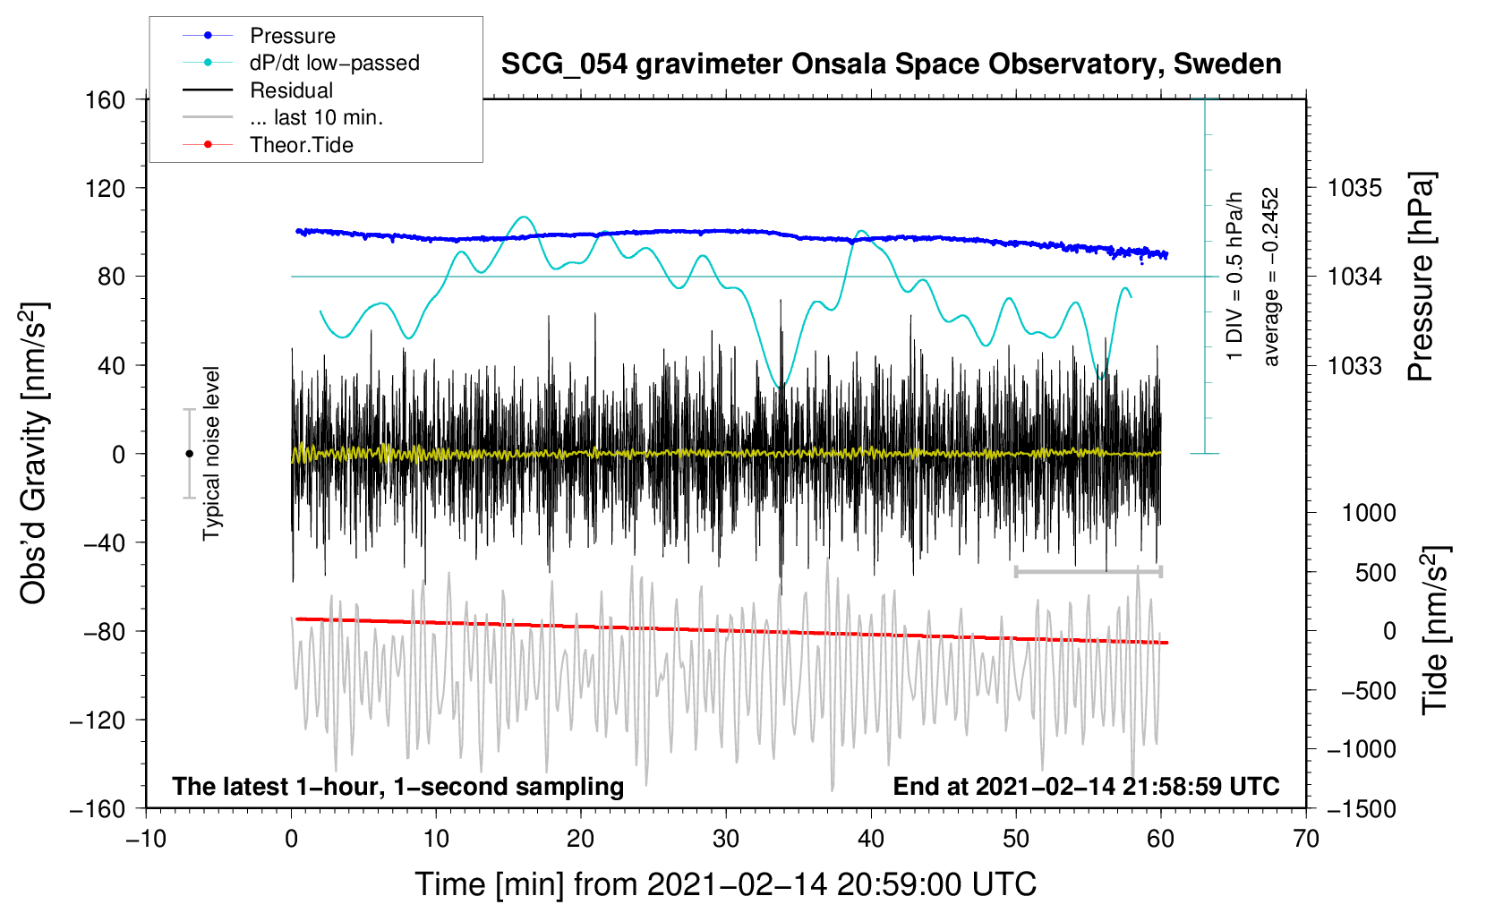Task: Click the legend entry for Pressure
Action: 259,35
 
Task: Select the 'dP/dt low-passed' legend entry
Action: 301,63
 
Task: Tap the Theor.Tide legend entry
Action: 268,145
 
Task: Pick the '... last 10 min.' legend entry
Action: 283,117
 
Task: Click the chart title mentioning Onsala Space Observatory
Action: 891,64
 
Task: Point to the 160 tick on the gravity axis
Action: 106,100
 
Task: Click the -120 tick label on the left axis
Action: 98,720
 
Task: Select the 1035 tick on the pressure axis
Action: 1354,188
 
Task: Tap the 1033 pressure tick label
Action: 1354,365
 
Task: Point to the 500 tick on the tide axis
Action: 1375,572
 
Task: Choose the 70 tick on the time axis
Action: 1306,839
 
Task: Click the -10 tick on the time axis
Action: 146,839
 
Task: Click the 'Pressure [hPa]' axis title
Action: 1421,277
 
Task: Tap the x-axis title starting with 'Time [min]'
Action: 726,884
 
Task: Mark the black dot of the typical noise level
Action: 189,454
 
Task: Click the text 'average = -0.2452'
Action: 1271,277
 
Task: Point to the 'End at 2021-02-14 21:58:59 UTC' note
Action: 1087,786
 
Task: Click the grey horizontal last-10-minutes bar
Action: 1088,571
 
